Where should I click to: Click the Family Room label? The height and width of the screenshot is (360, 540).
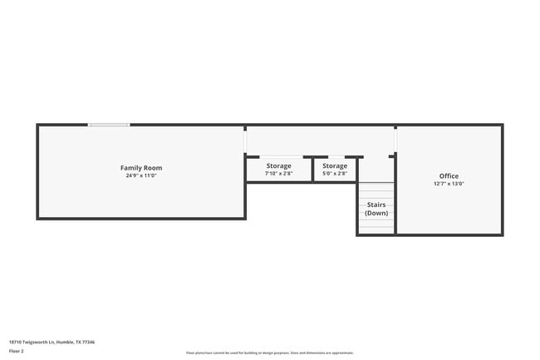(x=140, y=168)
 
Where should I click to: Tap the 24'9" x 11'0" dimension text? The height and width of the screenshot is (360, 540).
(x=140, y=175)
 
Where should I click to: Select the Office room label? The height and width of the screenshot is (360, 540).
(x=449, y=176)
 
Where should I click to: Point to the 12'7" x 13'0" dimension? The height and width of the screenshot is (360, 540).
(x=449, y=184)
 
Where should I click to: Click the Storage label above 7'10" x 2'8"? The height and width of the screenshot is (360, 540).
(x=278, y=166)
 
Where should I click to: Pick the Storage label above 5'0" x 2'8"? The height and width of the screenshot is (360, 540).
(x=335, y=166)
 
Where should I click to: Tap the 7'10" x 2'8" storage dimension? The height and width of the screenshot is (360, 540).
(x=278, y=174)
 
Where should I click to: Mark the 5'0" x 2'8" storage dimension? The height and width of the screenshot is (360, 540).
(x=335, y=174)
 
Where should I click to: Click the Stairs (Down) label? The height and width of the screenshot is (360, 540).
(x=376, y=209)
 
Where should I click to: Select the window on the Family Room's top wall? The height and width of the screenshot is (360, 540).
(x=109, y=126)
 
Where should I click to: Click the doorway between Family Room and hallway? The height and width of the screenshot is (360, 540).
(x=245, y=142)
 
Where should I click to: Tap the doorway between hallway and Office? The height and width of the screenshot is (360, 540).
(x=395, y=140)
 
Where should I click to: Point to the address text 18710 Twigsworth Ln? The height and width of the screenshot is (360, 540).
(x=52, y=342)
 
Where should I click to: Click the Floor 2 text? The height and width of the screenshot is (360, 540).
(x=17, y=352)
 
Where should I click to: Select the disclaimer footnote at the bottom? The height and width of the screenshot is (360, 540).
(x=270, y=353)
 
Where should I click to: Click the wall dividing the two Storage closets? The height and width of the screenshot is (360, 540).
(x=313, y=170)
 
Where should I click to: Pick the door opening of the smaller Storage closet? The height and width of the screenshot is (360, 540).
(x=335, y=156)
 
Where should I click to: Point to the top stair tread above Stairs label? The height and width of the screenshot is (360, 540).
(x=376, y=185)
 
